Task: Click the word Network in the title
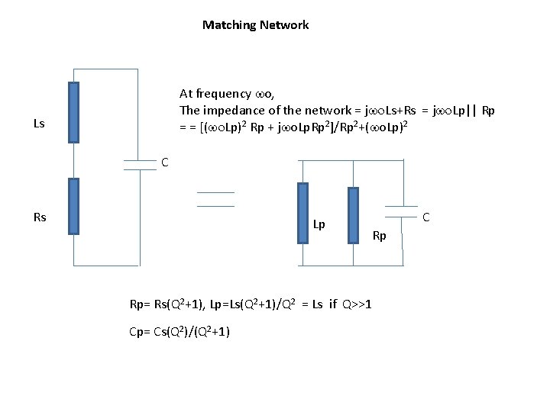(x=283, y=25)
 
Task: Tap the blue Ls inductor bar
(x=73, y=113)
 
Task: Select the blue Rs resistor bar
(x=73, y=206)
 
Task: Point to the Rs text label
(x=40, y=217)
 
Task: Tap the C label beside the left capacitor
(x=164, y=162)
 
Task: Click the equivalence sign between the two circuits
(x=215, y=199)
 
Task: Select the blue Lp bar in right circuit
(x=303, y=213)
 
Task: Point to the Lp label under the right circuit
(x=319, y=224)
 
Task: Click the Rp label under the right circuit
(x=379, y=236)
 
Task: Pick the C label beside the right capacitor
(x=426, y=217)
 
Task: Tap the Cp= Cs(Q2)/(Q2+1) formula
(x=180, y=331)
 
